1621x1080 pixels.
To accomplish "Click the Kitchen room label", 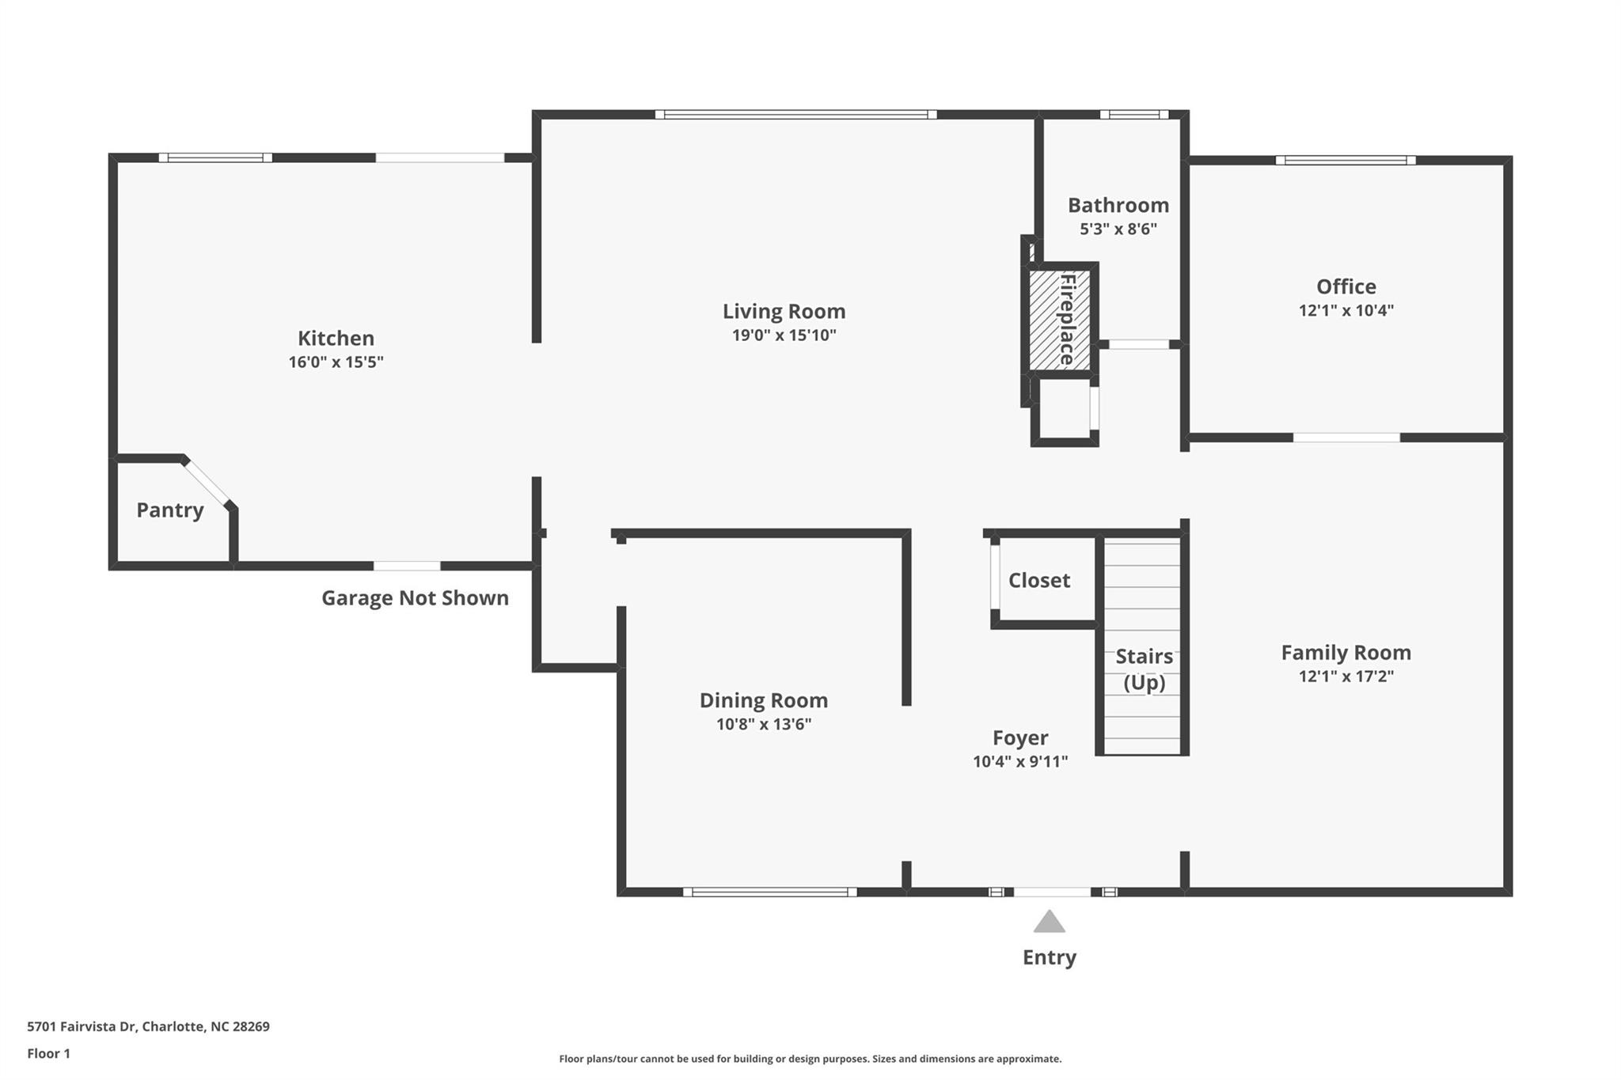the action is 336,338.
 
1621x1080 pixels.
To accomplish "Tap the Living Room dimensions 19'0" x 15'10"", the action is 784,335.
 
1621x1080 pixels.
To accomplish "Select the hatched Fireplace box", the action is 1059,320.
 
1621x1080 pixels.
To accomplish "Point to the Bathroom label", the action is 1118,205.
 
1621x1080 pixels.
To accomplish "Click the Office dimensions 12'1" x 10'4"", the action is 1346,310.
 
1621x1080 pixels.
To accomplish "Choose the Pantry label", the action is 170,510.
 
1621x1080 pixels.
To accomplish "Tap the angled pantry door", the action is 207,481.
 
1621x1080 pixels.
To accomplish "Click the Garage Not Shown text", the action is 415,597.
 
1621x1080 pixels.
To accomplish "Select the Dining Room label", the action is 764,700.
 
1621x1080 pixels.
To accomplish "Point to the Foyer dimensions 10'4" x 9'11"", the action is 1020,761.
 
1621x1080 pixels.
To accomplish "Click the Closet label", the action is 1038,580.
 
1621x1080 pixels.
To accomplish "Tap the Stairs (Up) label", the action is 1144,669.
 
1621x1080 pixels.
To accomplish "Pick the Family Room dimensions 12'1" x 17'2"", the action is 1346,676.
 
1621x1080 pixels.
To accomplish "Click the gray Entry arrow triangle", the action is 1049,923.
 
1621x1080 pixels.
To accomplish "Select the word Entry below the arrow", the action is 1050,957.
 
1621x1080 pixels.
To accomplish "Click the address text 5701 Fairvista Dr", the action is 82,1027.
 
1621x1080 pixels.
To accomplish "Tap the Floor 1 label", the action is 48,1054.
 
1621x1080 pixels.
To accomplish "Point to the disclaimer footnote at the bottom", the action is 810,1059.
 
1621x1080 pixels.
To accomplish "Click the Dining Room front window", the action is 769,892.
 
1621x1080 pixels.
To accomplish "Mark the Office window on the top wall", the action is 1346,161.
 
